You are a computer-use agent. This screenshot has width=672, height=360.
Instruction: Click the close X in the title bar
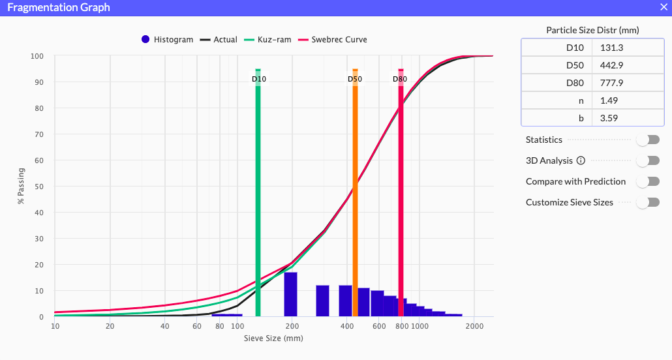(x=664, y=8)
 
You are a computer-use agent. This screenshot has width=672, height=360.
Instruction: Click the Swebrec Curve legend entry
(x=338, y=40)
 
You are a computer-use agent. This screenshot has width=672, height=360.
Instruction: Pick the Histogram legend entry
(x=168, y=40)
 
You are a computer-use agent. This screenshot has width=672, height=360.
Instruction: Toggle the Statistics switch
(x=648, y=140)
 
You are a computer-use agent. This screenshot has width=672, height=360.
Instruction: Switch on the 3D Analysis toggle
(x=648, y=160)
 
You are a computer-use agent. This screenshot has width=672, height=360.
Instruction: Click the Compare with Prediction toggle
(x=648, y=181)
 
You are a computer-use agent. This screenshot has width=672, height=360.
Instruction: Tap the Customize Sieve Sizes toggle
(x=648, y=202)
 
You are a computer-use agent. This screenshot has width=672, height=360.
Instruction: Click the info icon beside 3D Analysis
(x=581, y=160)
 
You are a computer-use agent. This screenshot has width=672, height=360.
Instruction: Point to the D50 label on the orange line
(x=355, y=80)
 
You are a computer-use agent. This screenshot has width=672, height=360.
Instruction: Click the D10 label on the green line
(x=259, y=80)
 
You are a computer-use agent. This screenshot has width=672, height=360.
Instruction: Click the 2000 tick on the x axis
(x=474, y=326)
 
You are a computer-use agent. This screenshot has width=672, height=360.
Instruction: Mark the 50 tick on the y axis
(x=39, y=187)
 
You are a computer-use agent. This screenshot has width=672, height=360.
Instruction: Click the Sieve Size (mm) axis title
(x=273, y=338)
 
